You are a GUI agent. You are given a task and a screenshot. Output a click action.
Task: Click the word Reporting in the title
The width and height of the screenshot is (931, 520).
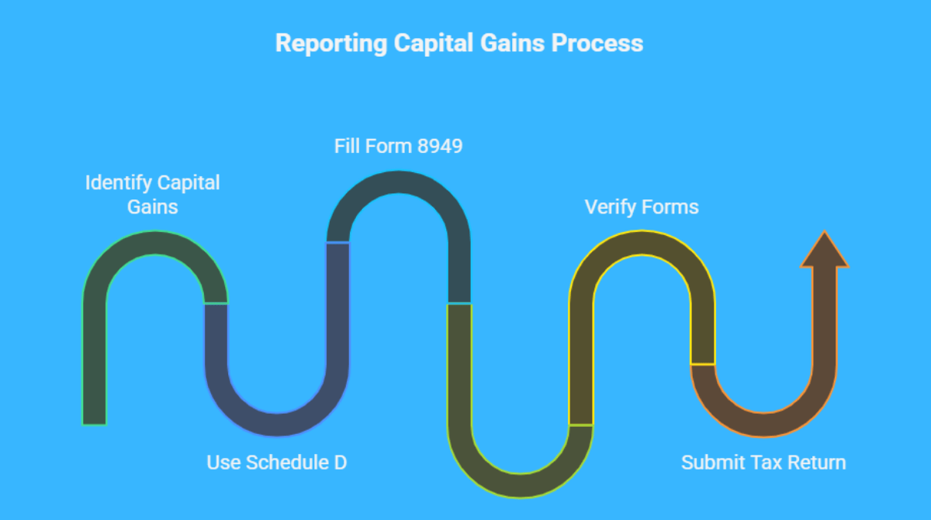tap(331, 43)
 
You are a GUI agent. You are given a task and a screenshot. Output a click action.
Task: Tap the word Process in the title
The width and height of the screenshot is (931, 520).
tap(597, 43)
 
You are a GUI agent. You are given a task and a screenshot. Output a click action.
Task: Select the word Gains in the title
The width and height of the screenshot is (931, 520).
tap(512, 43)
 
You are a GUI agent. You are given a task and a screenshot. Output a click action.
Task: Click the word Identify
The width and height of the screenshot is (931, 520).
tap(119, 183)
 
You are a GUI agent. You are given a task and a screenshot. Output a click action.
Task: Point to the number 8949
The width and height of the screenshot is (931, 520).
tap(440, 147)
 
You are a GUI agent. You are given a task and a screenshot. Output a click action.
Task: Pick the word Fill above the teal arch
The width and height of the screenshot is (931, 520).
tap(347, 147)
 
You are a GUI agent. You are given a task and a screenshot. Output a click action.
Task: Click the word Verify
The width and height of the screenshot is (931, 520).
tap(611, 207)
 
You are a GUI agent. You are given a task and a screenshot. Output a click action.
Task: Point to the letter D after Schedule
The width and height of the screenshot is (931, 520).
tap(341, 463)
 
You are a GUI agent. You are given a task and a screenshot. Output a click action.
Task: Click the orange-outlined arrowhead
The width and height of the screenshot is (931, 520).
tap(824, 249)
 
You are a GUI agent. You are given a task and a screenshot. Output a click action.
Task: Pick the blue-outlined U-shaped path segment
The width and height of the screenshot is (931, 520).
tap(277, 425)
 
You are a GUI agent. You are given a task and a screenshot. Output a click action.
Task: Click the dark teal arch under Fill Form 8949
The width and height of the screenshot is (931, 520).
tap(398, 182)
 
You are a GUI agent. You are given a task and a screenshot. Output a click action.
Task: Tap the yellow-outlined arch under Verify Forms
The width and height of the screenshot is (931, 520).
tap(642, 242)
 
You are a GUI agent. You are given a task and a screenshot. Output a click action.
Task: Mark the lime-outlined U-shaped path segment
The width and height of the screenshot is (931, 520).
tap(520, 486)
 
